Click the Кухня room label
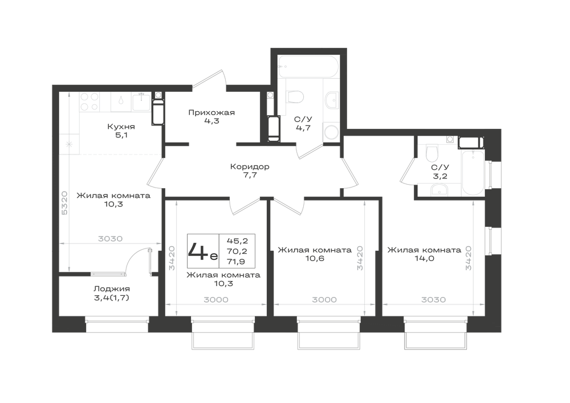click(121, 127)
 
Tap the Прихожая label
click(211, 113)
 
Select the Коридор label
click(250, 167)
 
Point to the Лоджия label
click(112, 289)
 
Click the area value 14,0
click(424, 259)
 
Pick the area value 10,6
click(315, 259)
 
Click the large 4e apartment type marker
click(203, 251)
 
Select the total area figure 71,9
click(236, 261)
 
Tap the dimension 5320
click(64, 203)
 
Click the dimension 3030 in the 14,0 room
click(433, 300)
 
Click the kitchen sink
click(141, 102)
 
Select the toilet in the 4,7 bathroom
click(295, 96)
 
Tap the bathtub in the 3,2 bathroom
click(473, 173)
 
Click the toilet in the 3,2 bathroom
click(431, 154)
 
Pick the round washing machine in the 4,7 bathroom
click(331, 132)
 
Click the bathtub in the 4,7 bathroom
click(308, 67)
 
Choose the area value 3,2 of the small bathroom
click(440, 176)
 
